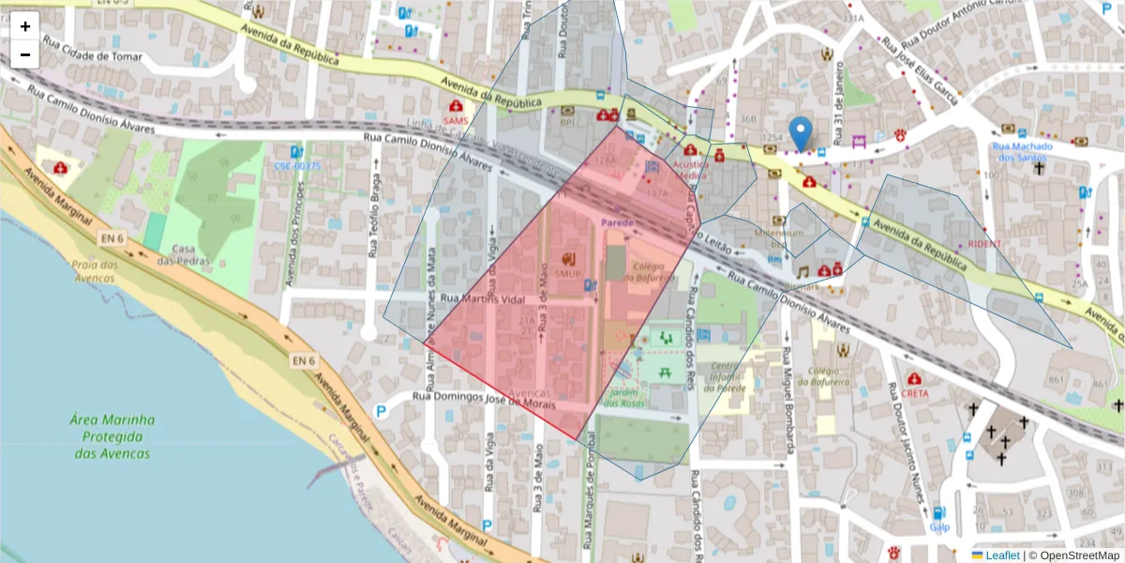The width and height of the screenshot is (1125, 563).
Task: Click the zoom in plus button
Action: (x=25, y=26)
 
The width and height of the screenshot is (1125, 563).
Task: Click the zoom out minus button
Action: (x=25, y=54)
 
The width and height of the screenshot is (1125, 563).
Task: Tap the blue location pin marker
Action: (x=800, y=133)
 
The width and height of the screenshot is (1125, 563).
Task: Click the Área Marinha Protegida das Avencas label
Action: (x=112, y=436)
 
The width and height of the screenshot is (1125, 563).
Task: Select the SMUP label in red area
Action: (x=568, y=274)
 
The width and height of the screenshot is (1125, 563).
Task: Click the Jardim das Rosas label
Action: (x=624, y=398)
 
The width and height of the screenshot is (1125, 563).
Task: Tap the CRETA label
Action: (x=915, y=393)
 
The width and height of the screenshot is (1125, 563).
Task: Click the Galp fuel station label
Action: (x=939, y=526)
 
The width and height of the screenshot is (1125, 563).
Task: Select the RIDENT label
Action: (x=985, y=243)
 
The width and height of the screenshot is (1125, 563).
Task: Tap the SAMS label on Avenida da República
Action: (x=456, y=121)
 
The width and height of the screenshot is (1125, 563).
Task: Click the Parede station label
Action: (x=618, y=222)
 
